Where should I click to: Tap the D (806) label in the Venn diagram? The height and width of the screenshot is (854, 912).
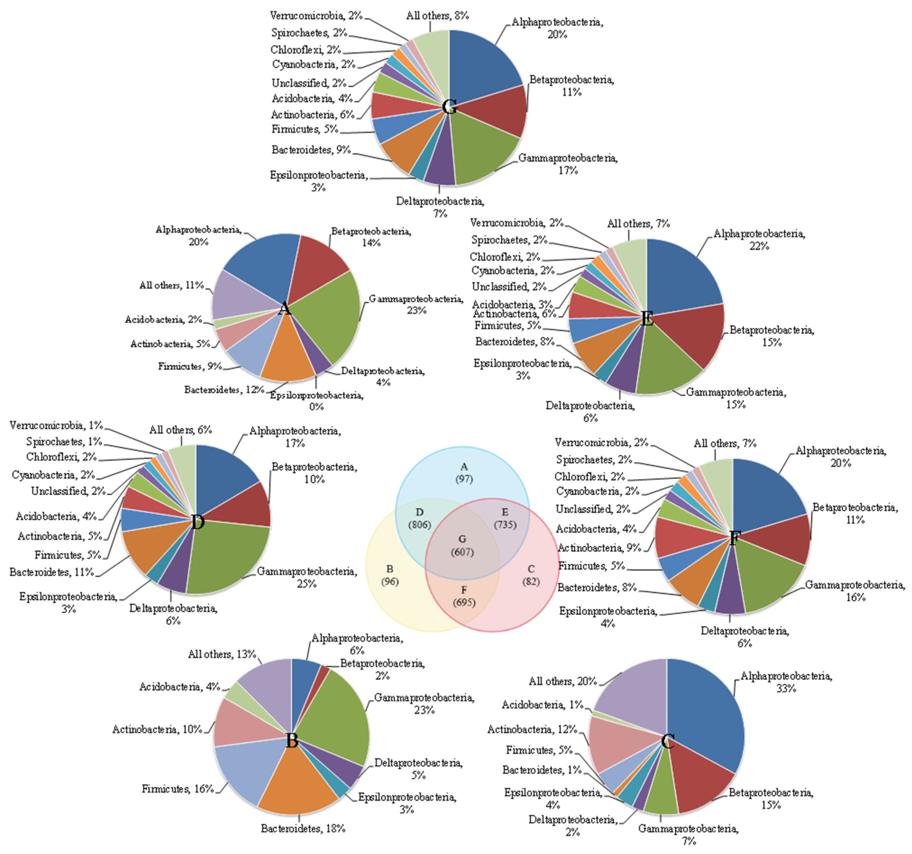click(x=419, y=518)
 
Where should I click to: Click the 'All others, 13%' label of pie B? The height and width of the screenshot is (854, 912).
click(x=222, y=654)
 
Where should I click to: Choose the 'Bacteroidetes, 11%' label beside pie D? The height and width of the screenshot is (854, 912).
click(x=51, y=572)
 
